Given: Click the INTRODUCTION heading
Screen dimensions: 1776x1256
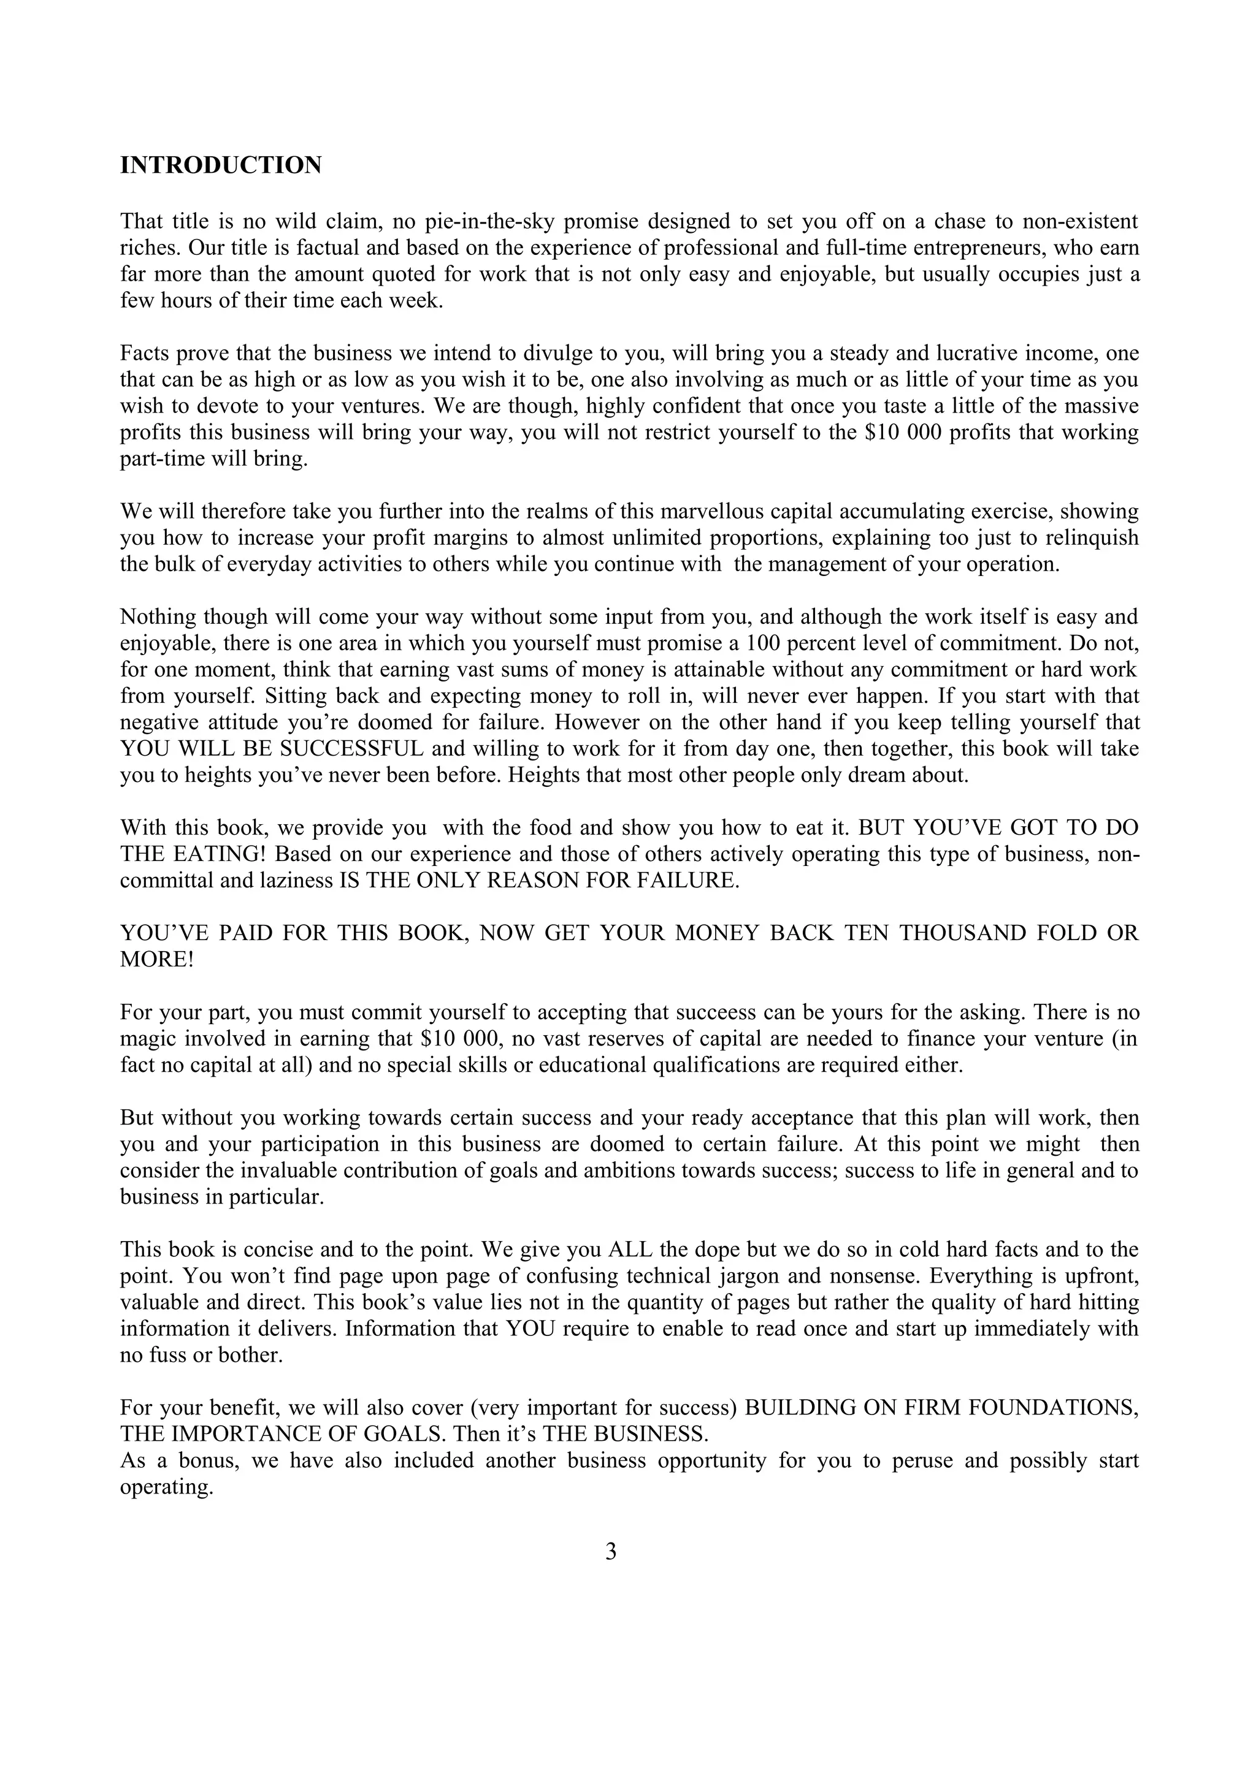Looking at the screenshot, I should tap(221, 165).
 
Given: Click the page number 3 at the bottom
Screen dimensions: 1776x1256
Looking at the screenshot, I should tap(611, 1552).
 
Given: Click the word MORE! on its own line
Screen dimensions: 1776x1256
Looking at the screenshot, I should tap(157, 959).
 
